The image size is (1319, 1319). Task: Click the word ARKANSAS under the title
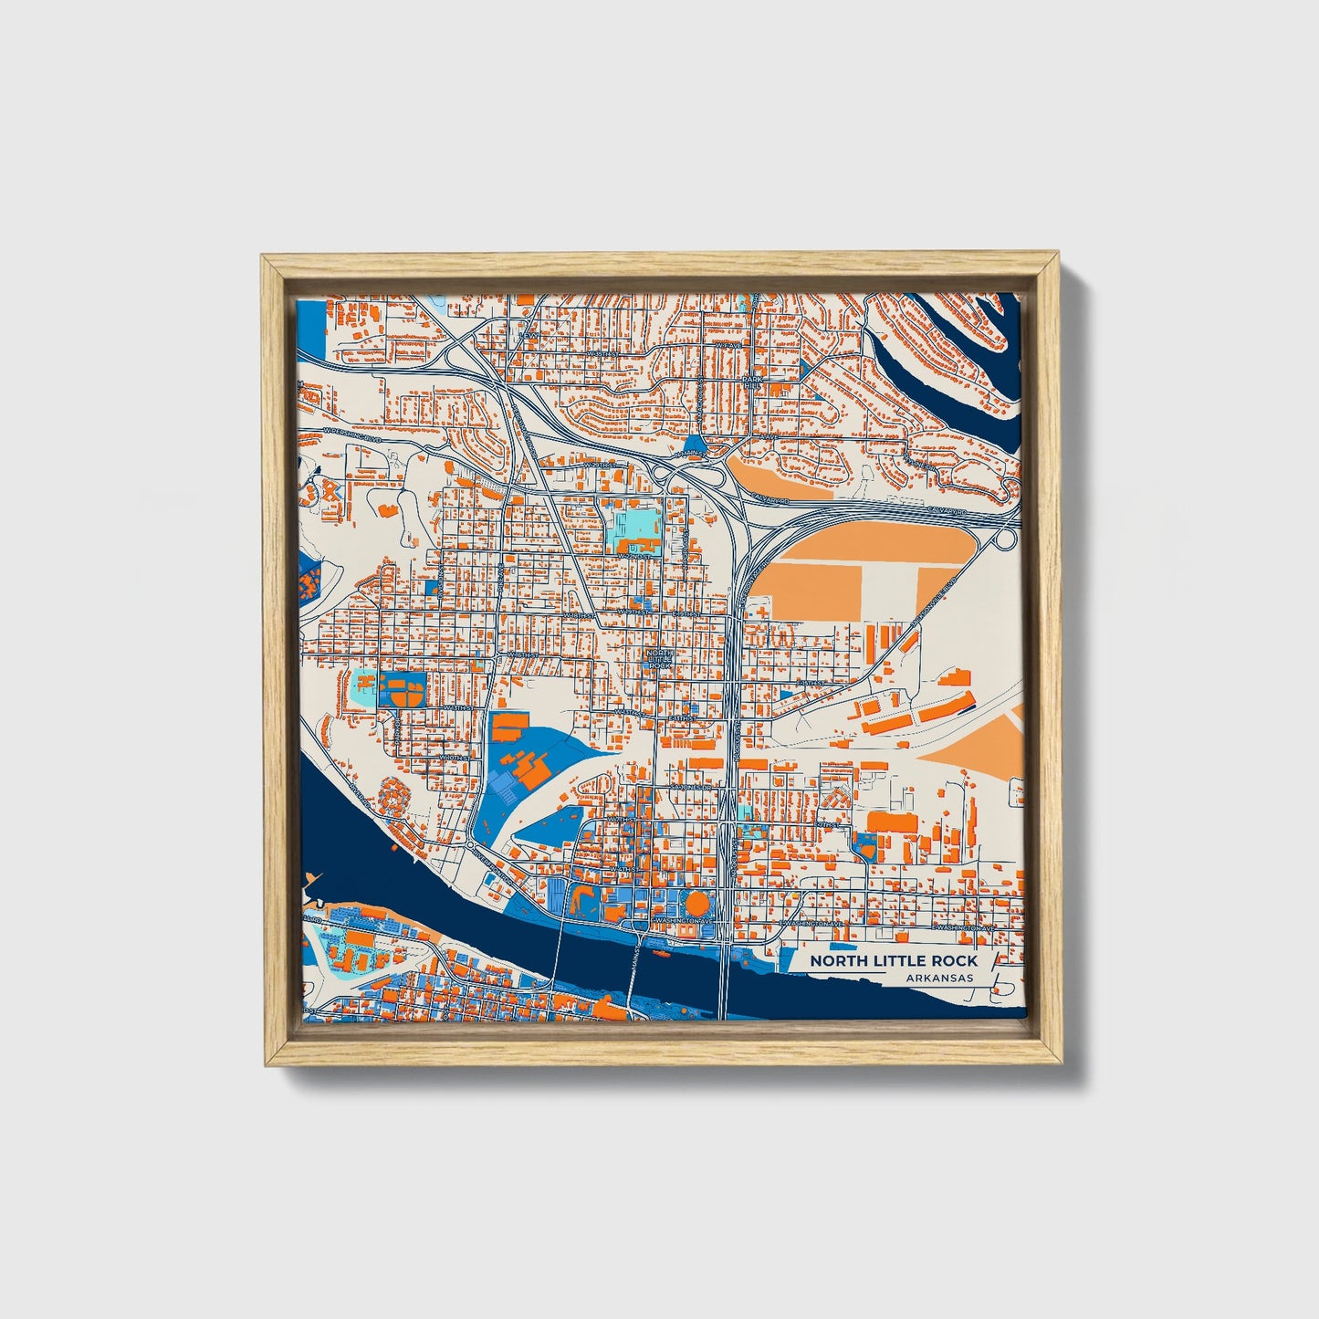(939, 978)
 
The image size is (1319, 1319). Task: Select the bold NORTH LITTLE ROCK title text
(893, 960)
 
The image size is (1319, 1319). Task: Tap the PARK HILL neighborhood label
(751, 382)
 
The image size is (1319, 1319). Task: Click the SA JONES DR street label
(690, 786)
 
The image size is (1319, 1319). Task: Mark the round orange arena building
(696, 905)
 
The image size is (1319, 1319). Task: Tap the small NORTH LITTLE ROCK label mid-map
(659, 659)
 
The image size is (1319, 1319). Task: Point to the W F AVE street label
(726, 346)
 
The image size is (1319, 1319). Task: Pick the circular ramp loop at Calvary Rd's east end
(1004, 539)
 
